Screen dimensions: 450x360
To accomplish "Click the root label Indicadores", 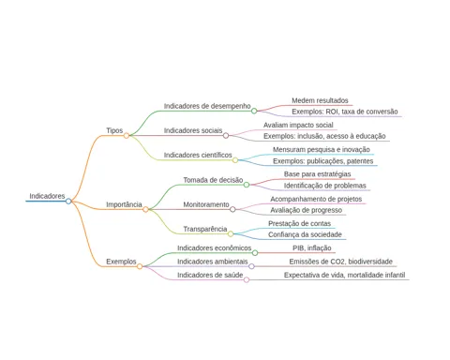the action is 47,196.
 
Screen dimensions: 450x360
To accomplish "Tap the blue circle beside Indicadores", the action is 68,202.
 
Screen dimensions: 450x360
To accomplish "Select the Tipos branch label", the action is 114,130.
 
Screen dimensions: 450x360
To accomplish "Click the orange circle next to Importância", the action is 145,209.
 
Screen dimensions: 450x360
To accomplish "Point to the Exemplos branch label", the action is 121,262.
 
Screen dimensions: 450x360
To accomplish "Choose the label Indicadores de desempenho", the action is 207,106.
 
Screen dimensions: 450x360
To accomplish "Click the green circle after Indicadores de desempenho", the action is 254,111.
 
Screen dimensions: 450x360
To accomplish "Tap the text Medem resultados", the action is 320,100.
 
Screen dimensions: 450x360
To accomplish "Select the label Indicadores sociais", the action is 193,130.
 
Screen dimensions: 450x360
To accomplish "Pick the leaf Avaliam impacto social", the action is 298,125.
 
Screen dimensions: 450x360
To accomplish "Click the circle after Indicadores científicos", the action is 235,160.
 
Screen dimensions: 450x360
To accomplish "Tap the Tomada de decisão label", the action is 213,180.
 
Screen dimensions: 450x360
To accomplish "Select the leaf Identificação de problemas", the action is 325,186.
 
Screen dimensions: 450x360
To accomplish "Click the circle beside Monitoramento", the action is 232,209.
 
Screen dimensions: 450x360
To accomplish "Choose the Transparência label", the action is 205,229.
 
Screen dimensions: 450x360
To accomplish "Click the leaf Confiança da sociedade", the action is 305,234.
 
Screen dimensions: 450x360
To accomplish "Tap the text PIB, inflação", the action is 312,248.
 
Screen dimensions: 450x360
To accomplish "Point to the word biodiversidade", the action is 370,262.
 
